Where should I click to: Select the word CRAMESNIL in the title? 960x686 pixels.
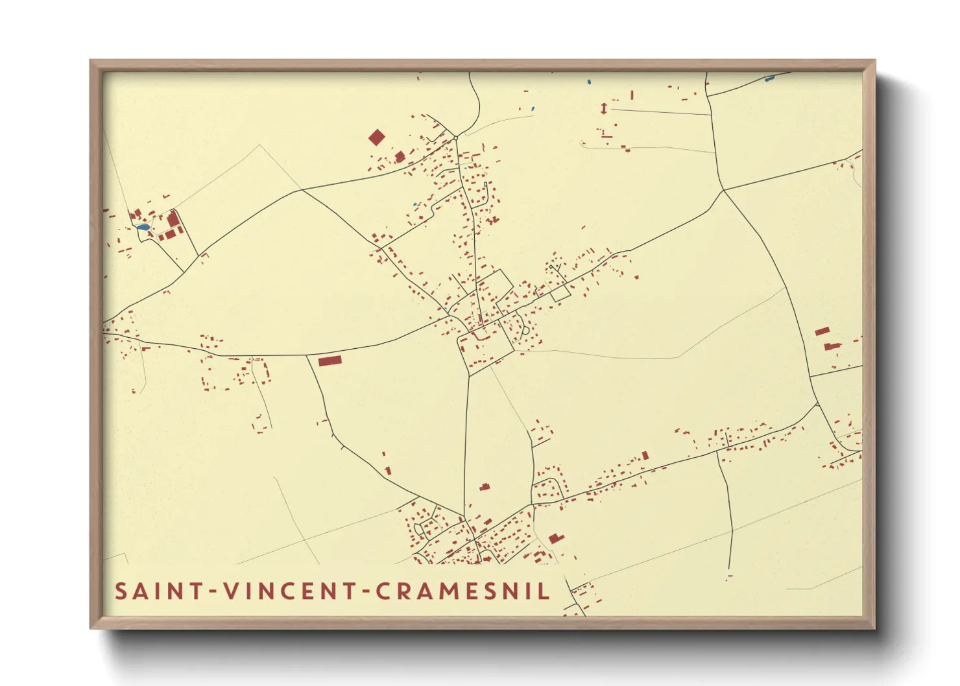462,591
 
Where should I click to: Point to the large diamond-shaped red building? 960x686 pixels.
376,137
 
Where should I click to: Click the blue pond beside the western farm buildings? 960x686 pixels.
143,228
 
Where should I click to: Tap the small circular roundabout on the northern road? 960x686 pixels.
456,137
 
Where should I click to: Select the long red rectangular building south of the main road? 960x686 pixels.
330,361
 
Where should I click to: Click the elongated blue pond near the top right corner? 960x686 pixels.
770,79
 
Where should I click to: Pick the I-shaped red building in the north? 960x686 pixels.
604,108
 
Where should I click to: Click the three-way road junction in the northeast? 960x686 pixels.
723,191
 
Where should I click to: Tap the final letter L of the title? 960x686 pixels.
545,591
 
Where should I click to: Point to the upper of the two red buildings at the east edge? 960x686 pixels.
822,331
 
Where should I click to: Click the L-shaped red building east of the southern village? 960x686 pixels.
555,538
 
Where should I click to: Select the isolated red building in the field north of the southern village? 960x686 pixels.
483,486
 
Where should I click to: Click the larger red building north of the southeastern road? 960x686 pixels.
644,456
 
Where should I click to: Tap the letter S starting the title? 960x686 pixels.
121,591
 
